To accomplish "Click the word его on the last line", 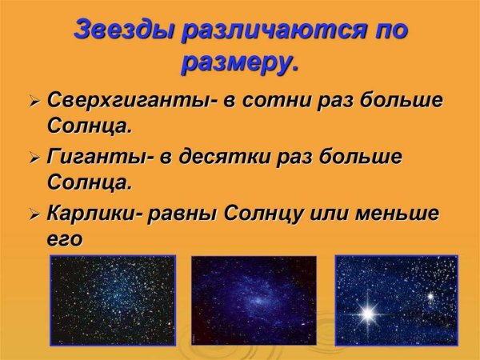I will coord(65,238).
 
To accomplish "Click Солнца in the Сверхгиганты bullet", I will coord(89,126).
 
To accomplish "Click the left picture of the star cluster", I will coord(112,299).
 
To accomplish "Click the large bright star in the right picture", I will coord(368,311).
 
